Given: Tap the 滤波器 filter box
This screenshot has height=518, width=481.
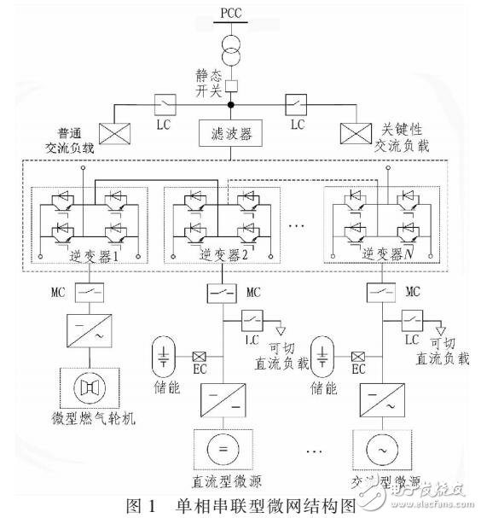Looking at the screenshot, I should pos(231,133).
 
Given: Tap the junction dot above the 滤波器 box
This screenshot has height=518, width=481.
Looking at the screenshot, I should pos(231,106).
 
